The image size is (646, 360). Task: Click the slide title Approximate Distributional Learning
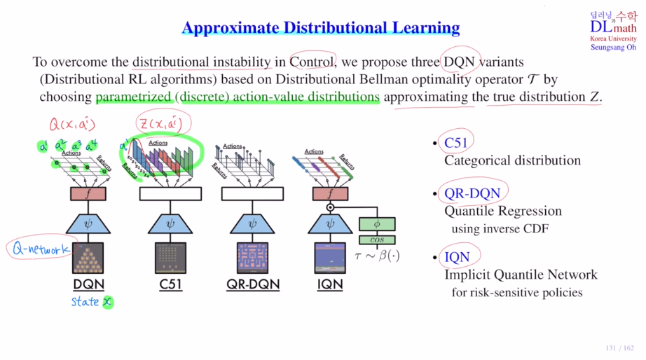[x=320, y=28]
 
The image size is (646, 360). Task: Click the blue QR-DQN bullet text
[x=473, y=193]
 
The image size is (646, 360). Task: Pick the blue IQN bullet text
[x=456, y=257]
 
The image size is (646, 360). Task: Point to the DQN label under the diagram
[x=88, y=284]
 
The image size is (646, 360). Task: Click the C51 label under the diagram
[x=170, y=284]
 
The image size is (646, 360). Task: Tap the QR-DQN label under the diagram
[x=253, y=284]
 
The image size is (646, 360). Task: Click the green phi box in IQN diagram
[x=377, y=224]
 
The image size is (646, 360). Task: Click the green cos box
[x=377, y=240]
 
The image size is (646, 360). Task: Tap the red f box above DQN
[x=88, y=194]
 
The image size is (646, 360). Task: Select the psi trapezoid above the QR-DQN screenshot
[x=253, y=225]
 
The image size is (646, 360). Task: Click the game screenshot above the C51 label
[x=170, y=258]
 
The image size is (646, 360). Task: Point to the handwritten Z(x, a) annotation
[x=159, y=125]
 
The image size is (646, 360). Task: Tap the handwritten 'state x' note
[x=91, y=302]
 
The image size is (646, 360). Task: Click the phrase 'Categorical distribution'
[x=512, y=160]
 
